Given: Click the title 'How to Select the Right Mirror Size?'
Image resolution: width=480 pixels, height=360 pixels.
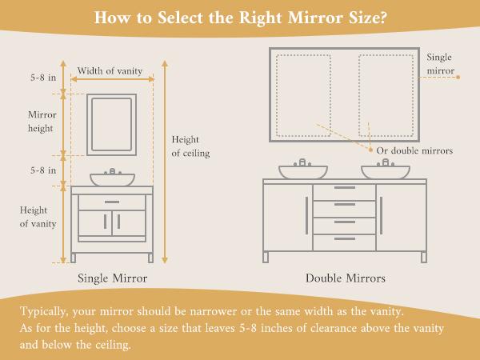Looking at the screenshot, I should tap(240, 17).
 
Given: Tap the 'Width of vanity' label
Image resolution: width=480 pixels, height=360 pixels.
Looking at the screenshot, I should tap(110, 71).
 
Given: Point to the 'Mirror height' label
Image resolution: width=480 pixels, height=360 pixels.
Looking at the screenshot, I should tap(41, 121).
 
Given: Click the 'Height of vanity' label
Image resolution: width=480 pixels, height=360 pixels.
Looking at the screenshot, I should tap(38, 217).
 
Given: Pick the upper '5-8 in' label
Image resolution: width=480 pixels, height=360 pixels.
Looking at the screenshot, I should tap(41, 78).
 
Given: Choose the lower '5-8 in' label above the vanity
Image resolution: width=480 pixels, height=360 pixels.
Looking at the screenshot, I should tap(41, 170).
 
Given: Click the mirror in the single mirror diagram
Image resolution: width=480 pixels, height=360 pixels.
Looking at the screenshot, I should tap(112, 124).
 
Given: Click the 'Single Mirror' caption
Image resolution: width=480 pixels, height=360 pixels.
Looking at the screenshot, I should tap(111, 278).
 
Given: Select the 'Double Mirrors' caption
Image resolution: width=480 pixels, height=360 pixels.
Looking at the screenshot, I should tap(345, 278).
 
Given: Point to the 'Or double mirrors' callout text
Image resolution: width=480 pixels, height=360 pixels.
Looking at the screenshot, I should tap(415, 150).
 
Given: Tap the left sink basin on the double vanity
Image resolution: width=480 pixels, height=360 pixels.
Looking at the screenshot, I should tap(302, 171).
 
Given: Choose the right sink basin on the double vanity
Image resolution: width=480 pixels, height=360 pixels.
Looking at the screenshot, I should tap(385, 171).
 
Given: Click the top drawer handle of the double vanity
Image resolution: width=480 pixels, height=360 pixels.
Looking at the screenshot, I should tap(344, 187).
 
